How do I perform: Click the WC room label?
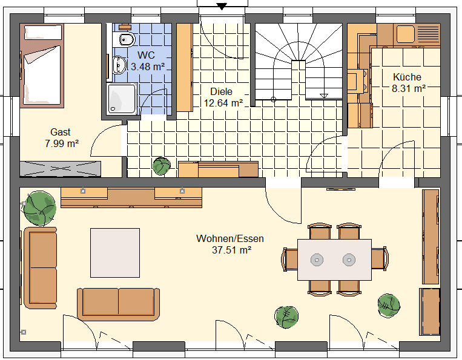(x=146, y=55)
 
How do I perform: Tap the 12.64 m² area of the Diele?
(x=223, y=103)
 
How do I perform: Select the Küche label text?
(x=407, y=77)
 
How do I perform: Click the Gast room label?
(x=61, y=132)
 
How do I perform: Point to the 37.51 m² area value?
(x=231, y=250)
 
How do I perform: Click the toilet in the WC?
(x=125, y=39)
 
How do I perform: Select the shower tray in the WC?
(x=122, y=99)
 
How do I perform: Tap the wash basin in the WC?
(x=119, y=65)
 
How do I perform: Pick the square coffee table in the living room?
(x=115, y=252)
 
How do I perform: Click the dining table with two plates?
(x=334, y=260)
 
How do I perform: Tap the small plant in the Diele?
(x=162, y=166)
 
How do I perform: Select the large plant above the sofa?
(x=40, y=208)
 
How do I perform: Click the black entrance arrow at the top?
(x=221, y=6)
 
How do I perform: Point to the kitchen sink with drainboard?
(x=418, y=34)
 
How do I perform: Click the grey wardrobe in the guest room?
(x=60, y=169)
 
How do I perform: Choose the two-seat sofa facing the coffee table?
(x=119, y=304)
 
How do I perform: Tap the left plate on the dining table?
(x=317, y=260)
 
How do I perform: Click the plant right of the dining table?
(x=389, y=306)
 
